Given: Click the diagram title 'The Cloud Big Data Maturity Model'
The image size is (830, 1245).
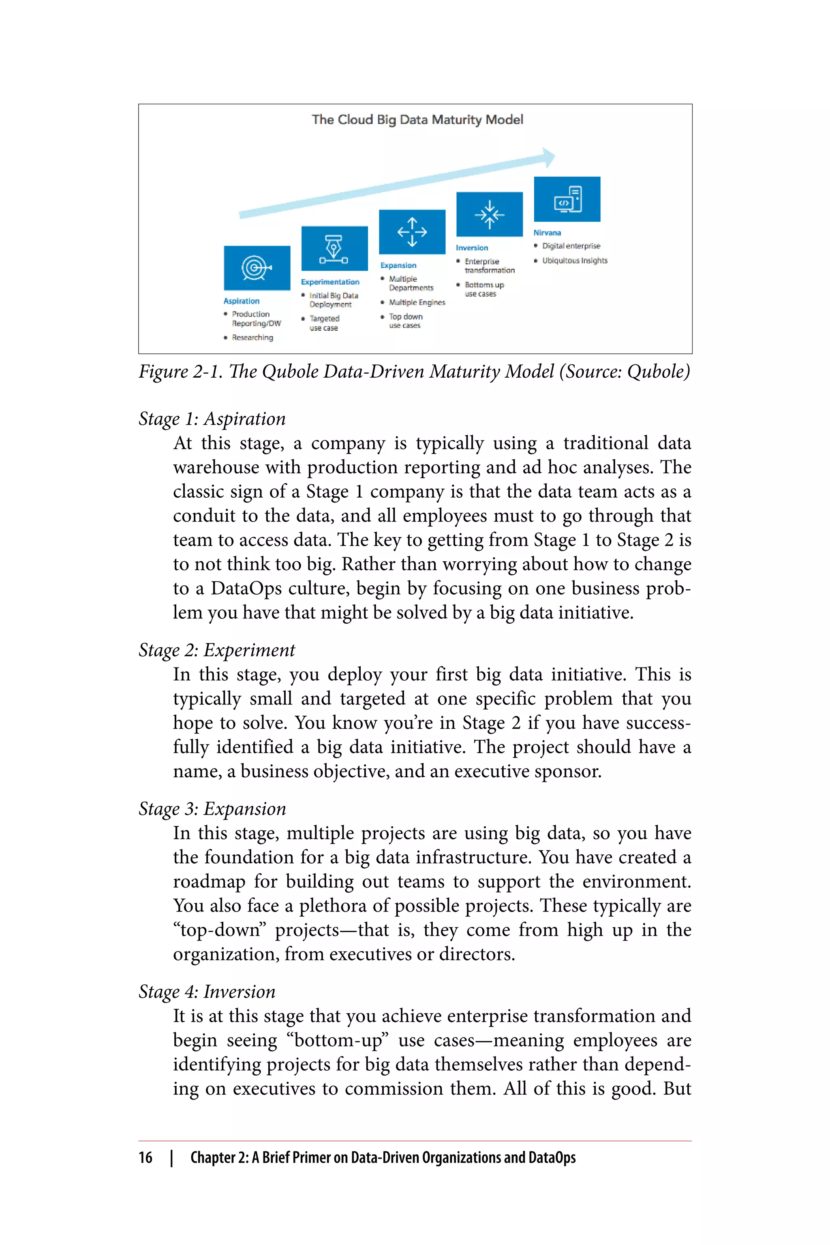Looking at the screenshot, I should coord(417,120).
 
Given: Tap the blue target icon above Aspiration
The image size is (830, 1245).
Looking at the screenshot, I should coord(257,268).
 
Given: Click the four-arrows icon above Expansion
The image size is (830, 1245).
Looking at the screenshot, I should coord(412,232).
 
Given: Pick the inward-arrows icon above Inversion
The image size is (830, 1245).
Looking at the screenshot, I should coord(489,214).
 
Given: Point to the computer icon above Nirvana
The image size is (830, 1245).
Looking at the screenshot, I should coord(567,199).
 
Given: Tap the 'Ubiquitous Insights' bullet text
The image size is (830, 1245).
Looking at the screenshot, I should coord(574,261).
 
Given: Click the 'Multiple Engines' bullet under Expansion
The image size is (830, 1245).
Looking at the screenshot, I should coord(417,302).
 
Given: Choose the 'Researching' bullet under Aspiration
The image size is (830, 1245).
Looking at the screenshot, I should coord(252,337).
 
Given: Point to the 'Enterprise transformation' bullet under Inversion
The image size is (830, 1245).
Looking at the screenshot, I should coord(489,266).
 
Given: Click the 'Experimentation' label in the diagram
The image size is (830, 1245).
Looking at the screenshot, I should coord(330,282).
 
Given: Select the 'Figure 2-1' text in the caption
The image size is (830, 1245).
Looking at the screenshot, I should coord(180,372).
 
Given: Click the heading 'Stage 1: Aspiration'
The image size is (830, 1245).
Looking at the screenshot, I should coord(212,419).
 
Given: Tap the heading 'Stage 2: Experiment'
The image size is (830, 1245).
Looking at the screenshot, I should coord(216,650).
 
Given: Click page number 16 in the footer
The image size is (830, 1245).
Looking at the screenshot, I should coord(145,1157).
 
